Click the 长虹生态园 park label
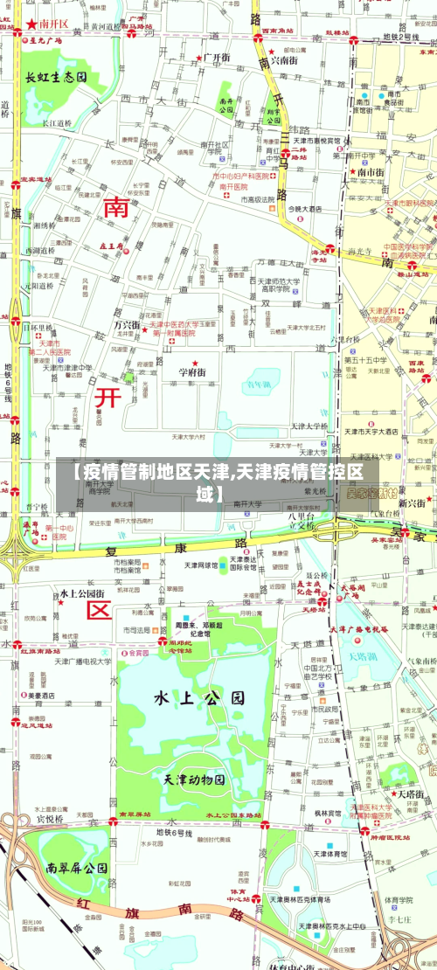[56, 78]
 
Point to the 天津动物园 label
[194, 779]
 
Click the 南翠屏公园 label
[78, 868]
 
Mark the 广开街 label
[216, 58]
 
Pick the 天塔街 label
[411, 794]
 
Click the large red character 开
[108, 398]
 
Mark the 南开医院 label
[234, 186]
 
